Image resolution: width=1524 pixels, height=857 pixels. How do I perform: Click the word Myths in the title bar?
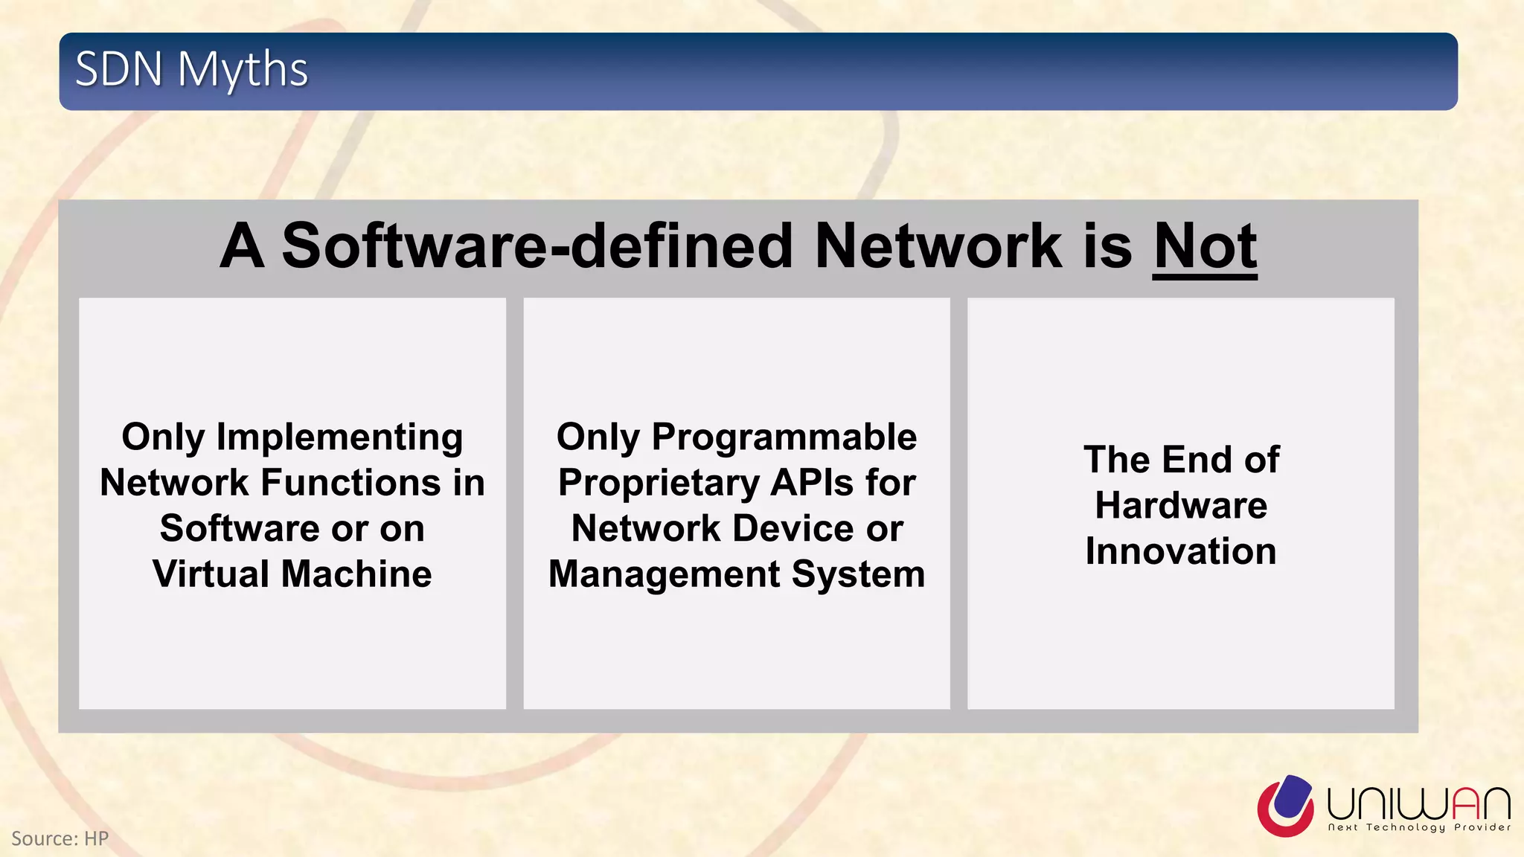[x=243, y=70]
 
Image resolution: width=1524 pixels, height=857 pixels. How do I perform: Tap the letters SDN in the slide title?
[x=119, y=70]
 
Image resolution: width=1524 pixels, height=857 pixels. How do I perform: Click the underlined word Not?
[x=1205, y=246]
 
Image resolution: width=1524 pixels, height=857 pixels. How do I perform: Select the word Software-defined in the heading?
[x=537, y=246]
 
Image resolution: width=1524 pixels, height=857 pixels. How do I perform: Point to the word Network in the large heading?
[x=938, y=246]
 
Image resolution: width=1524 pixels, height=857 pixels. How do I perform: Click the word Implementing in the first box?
[x=339, y=437]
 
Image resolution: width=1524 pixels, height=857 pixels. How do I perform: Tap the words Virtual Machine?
[x=292, y=574]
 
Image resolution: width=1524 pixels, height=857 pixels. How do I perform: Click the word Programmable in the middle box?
[x=784, y=437]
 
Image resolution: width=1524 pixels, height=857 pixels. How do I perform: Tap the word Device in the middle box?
[x=793, y=529]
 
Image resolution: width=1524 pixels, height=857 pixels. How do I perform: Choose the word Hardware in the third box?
[x=1181, y=506]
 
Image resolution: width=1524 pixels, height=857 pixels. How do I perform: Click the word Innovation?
[x=1181, y=552]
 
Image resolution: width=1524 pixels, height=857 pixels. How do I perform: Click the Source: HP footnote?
[x=60, y=838]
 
